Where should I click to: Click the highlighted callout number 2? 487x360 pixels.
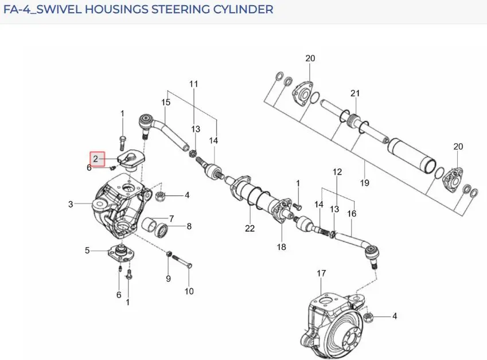point(96,159)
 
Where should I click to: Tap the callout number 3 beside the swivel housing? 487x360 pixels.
point(71,204)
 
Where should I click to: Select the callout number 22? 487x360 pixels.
point(250,228)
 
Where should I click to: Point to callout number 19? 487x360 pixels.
point(365,183)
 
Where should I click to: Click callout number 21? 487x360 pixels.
point(355,93)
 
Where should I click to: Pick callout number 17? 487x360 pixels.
point(321,273)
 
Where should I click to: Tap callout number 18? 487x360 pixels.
point(282,246)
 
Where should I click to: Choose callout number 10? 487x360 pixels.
point(189,291)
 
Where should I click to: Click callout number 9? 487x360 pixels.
point(168,279)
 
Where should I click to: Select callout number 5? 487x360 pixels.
point(87,250)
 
